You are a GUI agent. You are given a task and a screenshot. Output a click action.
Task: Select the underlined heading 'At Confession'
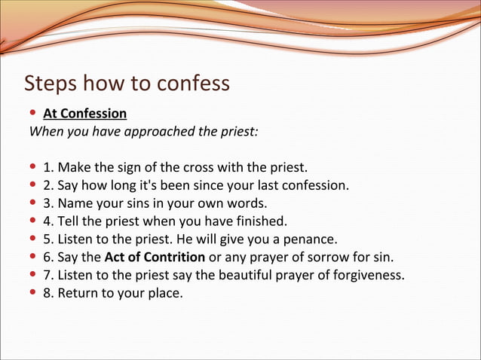point(84,114)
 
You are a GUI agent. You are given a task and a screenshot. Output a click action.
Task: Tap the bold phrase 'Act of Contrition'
point(155,257)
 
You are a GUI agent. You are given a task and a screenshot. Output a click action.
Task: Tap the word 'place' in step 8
point(166,293)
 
